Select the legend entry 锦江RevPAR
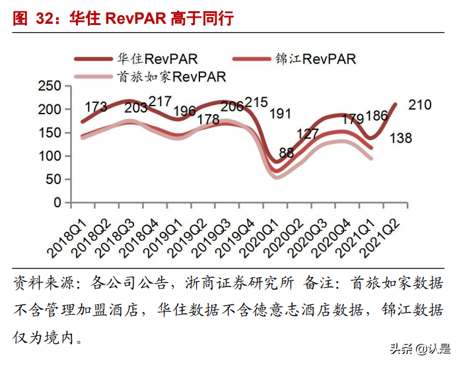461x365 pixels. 315,59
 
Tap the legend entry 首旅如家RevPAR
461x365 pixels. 171,77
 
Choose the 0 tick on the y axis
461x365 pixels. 58,203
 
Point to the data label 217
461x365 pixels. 160,101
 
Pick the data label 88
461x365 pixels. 286,152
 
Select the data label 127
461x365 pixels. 308,133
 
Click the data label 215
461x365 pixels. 256,102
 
